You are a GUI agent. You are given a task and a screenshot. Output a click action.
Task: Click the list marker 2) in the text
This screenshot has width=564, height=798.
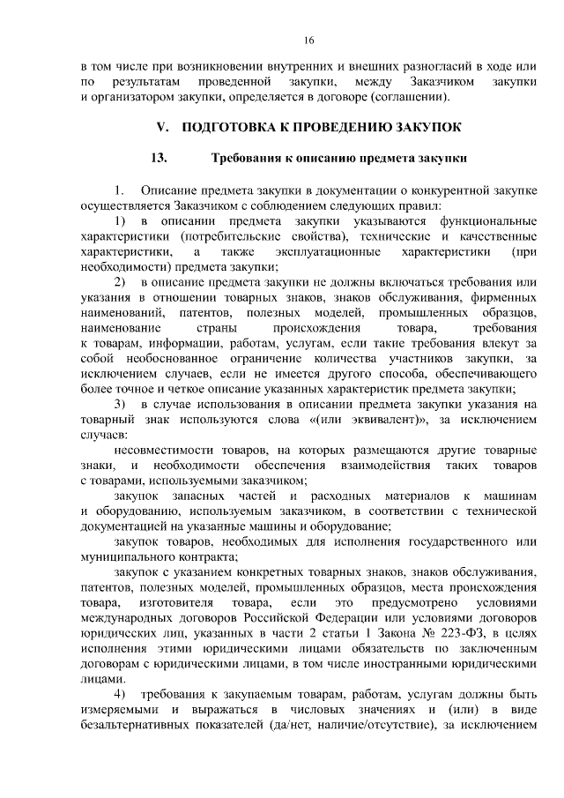pos(121,281)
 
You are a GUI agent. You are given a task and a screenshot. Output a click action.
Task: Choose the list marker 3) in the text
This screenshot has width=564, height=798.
pos(121,403)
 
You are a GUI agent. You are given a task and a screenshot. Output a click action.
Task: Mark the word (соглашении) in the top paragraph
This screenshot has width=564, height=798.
pos(407,96)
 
